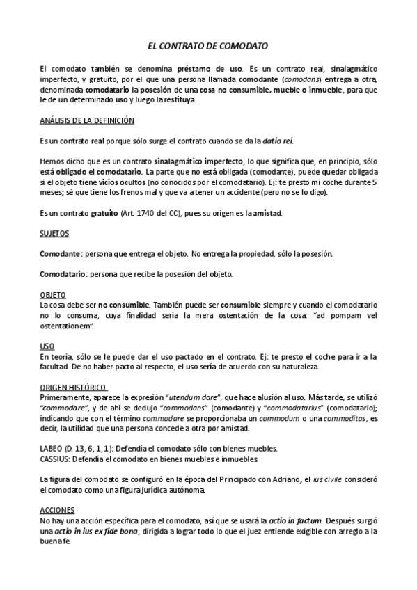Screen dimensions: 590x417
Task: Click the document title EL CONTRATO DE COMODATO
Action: click(x=207, y=46)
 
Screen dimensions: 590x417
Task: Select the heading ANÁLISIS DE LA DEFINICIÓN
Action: click(x=87, y=120)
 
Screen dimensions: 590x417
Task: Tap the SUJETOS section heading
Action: click(x=54, y=234)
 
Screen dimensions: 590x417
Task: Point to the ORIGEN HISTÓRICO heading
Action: click(x=72, y=386)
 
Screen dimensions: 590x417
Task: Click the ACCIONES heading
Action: click(x=56, y=509)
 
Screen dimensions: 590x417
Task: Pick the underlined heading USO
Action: click(x=47, y=346)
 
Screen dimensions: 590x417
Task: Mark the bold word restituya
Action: click(x=180, y=99)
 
